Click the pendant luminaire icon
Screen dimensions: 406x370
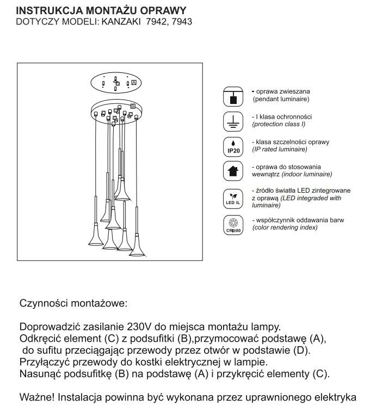[233, 96]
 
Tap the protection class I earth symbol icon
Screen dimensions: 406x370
[233, 121]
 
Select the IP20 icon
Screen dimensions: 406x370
[233, 146]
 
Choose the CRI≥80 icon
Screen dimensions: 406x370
[233, 224]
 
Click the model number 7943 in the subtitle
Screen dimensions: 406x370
[181, 22]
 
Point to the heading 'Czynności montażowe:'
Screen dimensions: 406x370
[73, 303]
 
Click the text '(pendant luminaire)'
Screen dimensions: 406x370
[281, 100]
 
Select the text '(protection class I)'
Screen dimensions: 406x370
[281, 125]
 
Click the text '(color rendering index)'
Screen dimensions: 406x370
[286, 227]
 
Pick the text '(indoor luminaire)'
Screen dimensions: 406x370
[292, 174]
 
